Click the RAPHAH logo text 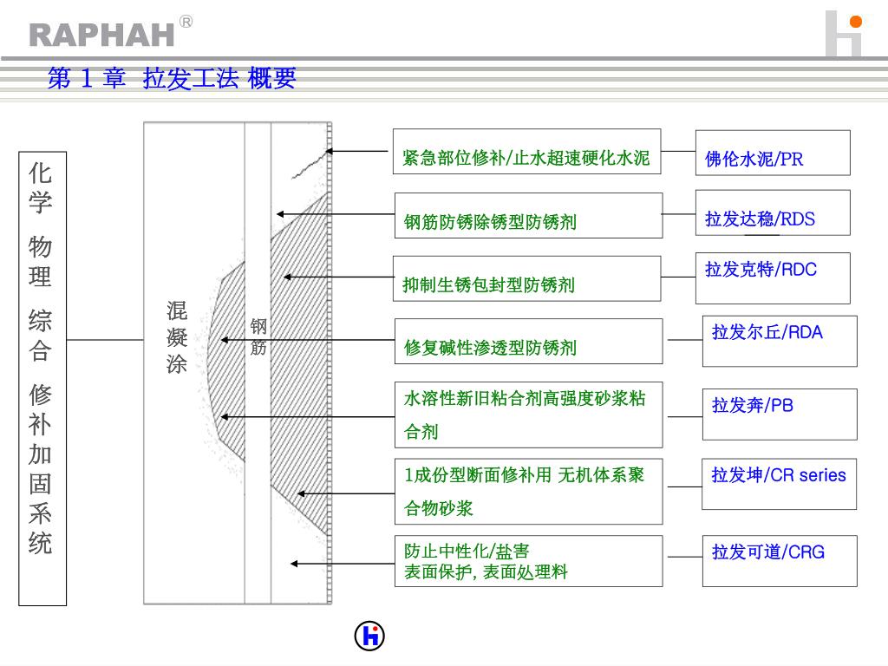pyautogui.click(x=102, y=34)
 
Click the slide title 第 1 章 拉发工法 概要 pyautogui.click(x=172, y=79)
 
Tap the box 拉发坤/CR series pyautogui.click(x=779, y=483)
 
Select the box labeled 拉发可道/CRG pyautogui.click(x=779, y=560)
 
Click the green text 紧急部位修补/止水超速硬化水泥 pyautogui.click(x=526, y=158)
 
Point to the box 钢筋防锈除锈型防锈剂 pyautogui.click(x=528, y=216)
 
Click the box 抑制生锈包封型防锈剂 pyautogui.click(x=526, y=278)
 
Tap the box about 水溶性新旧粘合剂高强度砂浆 pyautogui.click(x=528, y=415)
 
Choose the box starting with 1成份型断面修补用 pyautogui.click(x=528, y=491)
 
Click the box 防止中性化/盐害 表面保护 pyautogui.click(x=528, y=561)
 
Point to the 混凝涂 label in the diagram pyautogui.click(x=177, y=337)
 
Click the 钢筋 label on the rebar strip pyautogui.click(x=258, y=337)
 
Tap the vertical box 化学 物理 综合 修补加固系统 pyautogui.click(x=42, y=378)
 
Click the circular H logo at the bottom pyautogui.click(x=369, y=637)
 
